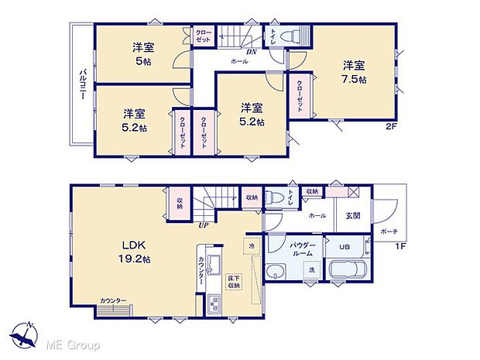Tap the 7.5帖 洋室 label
[x=355, y=72]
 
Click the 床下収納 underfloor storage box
[x=233, y=280]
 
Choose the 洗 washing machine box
[x=310, y=270]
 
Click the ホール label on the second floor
[x=238, y=60]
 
